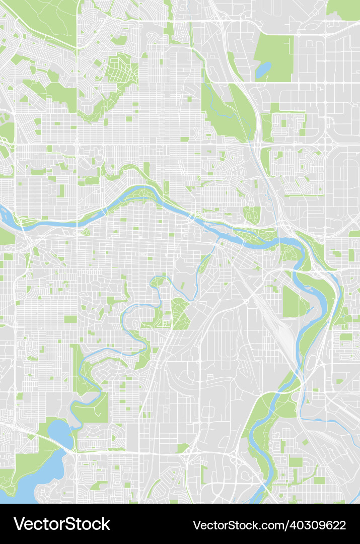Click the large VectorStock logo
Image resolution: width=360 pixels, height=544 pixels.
61,524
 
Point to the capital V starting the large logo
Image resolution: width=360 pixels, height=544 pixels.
19,524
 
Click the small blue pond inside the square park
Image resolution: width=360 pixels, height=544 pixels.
263,70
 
